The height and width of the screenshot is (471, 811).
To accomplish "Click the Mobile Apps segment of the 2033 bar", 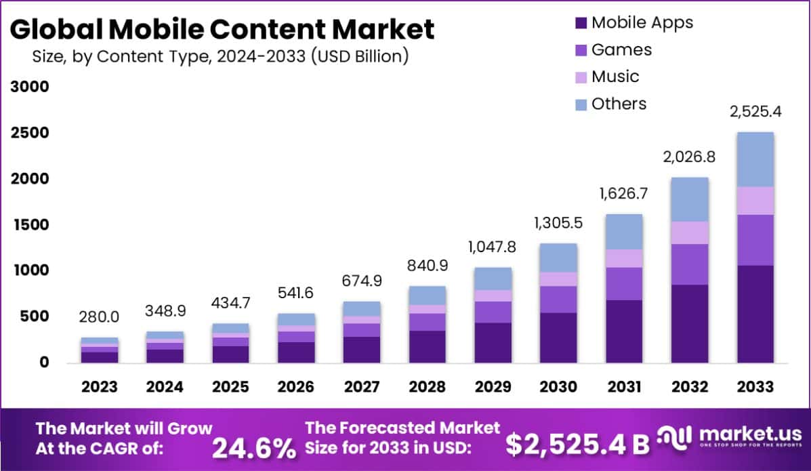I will pyautogui.click(x=755, y=314).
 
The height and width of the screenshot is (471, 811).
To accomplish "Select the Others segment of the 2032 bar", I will pyautogui.click(x=690, y=199).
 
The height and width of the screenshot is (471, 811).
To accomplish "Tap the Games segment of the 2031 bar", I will pyautogui.click(x=624, y=283).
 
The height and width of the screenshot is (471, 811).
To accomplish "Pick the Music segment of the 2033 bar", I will pyautogui.click(x=755, y=201).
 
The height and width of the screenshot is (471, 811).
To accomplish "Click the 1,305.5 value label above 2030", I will pyautogui.click(x=558, y=223).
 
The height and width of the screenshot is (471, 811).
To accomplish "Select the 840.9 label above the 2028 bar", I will pyautogui.click(x=426, y=266).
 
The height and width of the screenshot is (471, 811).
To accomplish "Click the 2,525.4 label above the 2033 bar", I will pyautogui.click(x=755, y=112).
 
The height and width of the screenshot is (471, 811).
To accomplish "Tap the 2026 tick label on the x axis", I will pyautogui.click(x=296, y=387).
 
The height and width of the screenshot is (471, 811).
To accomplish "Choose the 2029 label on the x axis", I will pyautogui.click(x=493, y=387).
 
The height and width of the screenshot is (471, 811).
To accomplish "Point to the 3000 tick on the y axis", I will pyautogui.click(x=28, y=87).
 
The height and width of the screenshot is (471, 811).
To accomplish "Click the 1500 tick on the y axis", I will pyautogui.click(x=28, y=224).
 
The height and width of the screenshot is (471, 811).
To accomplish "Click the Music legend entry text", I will pyautogui.click(x=615, y=77).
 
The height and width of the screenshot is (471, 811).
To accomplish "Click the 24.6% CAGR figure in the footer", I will pyautogui.click(x=254, y=447).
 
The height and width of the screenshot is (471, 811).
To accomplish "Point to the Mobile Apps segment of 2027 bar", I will pyautogui.click(x=361, y=349).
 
